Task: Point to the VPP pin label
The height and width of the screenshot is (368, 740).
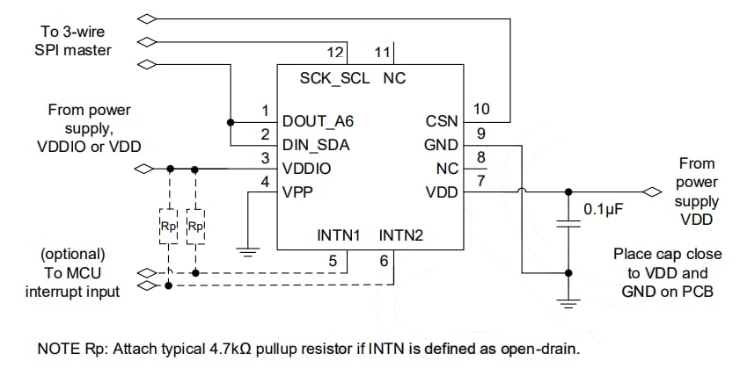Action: tap(299, 191)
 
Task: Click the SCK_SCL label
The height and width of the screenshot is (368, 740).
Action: tap(335, 77)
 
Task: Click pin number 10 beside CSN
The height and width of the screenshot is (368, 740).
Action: tap(480, 108)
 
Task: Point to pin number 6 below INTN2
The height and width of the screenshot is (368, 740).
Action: tap(383, 261)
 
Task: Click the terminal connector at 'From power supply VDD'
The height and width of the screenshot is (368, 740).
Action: tap(651, 191)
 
